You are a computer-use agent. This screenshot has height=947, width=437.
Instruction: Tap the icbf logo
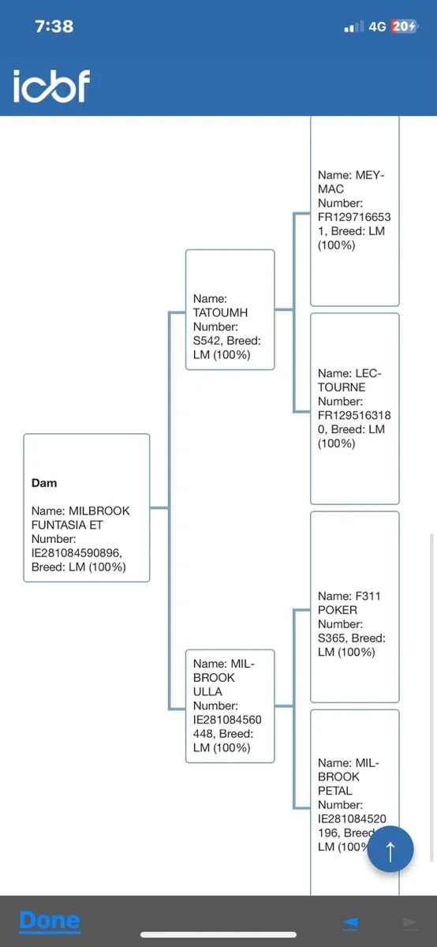tap(51, 86)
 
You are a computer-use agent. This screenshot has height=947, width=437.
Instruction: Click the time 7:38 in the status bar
tap(54, 26)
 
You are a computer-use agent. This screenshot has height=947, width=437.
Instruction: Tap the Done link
tap(50, 920)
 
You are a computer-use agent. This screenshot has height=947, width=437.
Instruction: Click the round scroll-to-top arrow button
tap(390, 848)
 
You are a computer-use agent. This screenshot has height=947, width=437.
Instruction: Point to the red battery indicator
tap(404, 26)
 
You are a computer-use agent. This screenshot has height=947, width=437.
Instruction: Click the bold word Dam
tap(44, 483)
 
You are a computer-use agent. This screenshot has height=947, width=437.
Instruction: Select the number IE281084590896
tap(77, 552)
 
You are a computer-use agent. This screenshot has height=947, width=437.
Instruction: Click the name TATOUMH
tap(220, 313)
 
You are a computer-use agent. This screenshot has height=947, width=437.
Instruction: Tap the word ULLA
tap(207, 691)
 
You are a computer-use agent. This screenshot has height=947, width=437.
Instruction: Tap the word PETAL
tap(334, 791)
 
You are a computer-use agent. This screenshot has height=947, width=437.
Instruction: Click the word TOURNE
tap(342, 387)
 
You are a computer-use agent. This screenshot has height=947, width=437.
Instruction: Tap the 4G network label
tap(377, 27)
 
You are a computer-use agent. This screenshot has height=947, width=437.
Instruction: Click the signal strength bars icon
tap(354, 27)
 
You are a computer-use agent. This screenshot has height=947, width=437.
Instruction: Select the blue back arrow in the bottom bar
tap(350, 923)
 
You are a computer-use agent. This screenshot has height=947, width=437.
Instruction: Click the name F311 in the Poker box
tap(368, 596)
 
